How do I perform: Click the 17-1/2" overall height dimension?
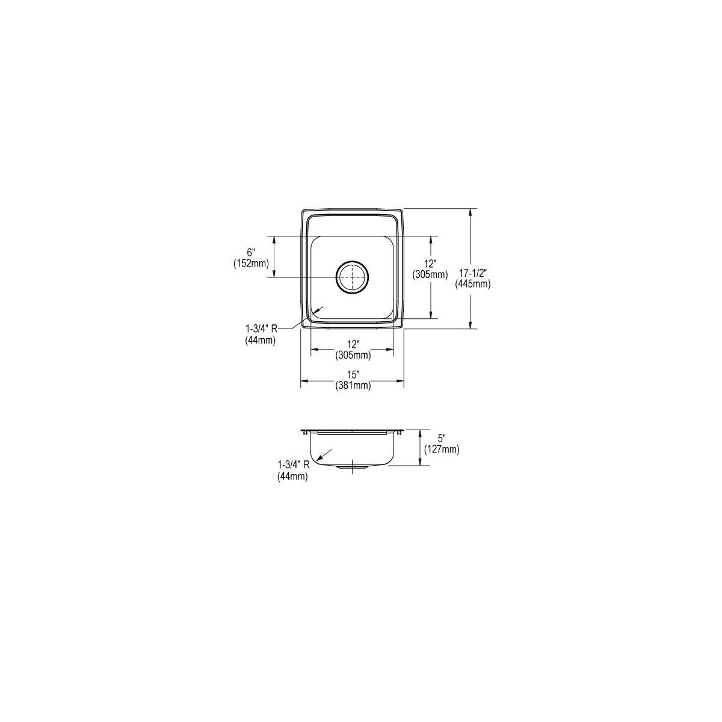(x=472, y=273)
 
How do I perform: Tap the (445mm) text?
(x=472, y=285)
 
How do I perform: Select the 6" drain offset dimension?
(x=251, y=251)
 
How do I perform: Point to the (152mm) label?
(x=251, y=264)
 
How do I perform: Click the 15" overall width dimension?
(x=353, y=374)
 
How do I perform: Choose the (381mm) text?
(x=353, y=385)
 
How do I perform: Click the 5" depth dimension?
(x=442, y=437)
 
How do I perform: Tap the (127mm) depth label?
(x=442, y=449)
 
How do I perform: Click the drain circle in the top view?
(x=352, y=277)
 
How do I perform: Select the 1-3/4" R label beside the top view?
(x=261, y=329)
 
